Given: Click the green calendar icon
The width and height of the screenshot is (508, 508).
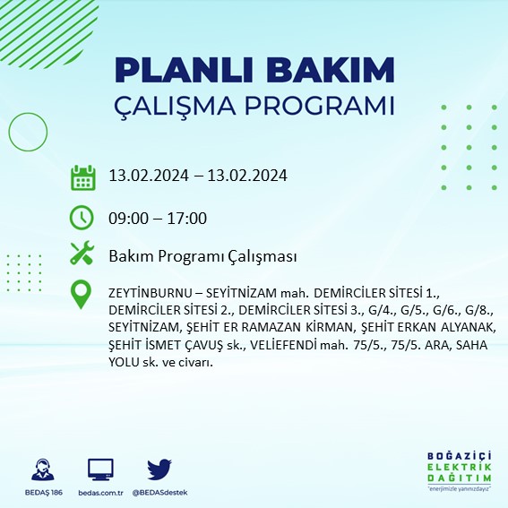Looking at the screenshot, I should coord(82,177).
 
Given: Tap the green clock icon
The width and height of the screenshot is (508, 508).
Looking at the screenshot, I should coord(82,217).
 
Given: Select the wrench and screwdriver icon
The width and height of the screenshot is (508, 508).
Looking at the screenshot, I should coord(82,254).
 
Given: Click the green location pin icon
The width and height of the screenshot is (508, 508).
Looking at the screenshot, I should coord(82,295).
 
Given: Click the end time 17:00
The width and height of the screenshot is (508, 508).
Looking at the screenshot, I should coord(188,218).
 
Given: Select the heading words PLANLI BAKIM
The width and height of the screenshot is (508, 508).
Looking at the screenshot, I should coord(254,70).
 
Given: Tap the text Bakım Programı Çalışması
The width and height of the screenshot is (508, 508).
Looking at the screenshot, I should coord(202,256).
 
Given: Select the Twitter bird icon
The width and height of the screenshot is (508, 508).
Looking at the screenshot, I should coord(159,469).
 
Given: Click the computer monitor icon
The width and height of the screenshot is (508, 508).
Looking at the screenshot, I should coord(100,469).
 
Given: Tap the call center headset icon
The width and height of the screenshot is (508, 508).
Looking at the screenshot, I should coord(41,469).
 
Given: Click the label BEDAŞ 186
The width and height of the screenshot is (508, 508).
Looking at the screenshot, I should coord(41,493).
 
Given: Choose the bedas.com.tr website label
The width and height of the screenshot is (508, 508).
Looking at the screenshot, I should coord(100,493).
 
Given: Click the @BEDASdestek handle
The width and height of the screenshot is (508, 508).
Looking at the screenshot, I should coord(159,493).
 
